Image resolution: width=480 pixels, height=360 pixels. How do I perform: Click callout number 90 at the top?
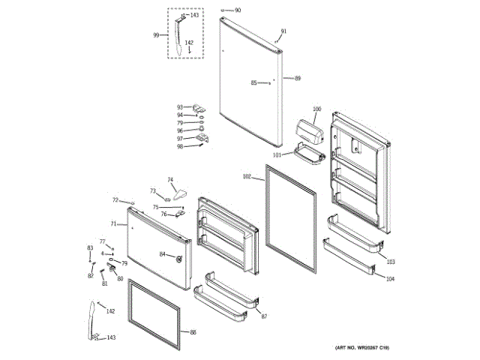click(x=238, y=10)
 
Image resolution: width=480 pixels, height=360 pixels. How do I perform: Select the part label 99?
click(x=156, y=35)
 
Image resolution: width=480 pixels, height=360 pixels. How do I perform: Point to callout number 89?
click(x=298, y=79)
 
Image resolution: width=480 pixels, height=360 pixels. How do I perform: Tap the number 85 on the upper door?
click(x=253, y=82)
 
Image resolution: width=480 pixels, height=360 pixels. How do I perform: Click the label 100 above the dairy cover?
click(x=316, y=109)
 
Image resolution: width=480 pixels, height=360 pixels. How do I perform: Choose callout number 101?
click(x=277, y=155)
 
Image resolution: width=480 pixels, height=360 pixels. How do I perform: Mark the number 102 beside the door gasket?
click(x=247, y=177)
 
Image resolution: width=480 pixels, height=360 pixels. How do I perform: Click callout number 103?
click(x=390, y=262)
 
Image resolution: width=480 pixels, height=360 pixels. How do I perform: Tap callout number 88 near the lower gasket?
click(x=193, y=331)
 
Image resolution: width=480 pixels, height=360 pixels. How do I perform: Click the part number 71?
click(x=113, y=223)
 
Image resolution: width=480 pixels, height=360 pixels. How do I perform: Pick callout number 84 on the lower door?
click(x=162, y=254)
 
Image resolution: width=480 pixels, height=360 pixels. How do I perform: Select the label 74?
click(x=170, y=180)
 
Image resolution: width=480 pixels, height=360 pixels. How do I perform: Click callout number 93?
click(x=180, y=107)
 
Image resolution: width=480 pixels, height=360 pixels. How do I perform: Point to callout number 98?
click(x=180, y=147)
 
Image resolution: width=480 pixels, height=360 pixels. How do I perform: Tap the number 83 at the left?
click(x=90, y=248)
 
